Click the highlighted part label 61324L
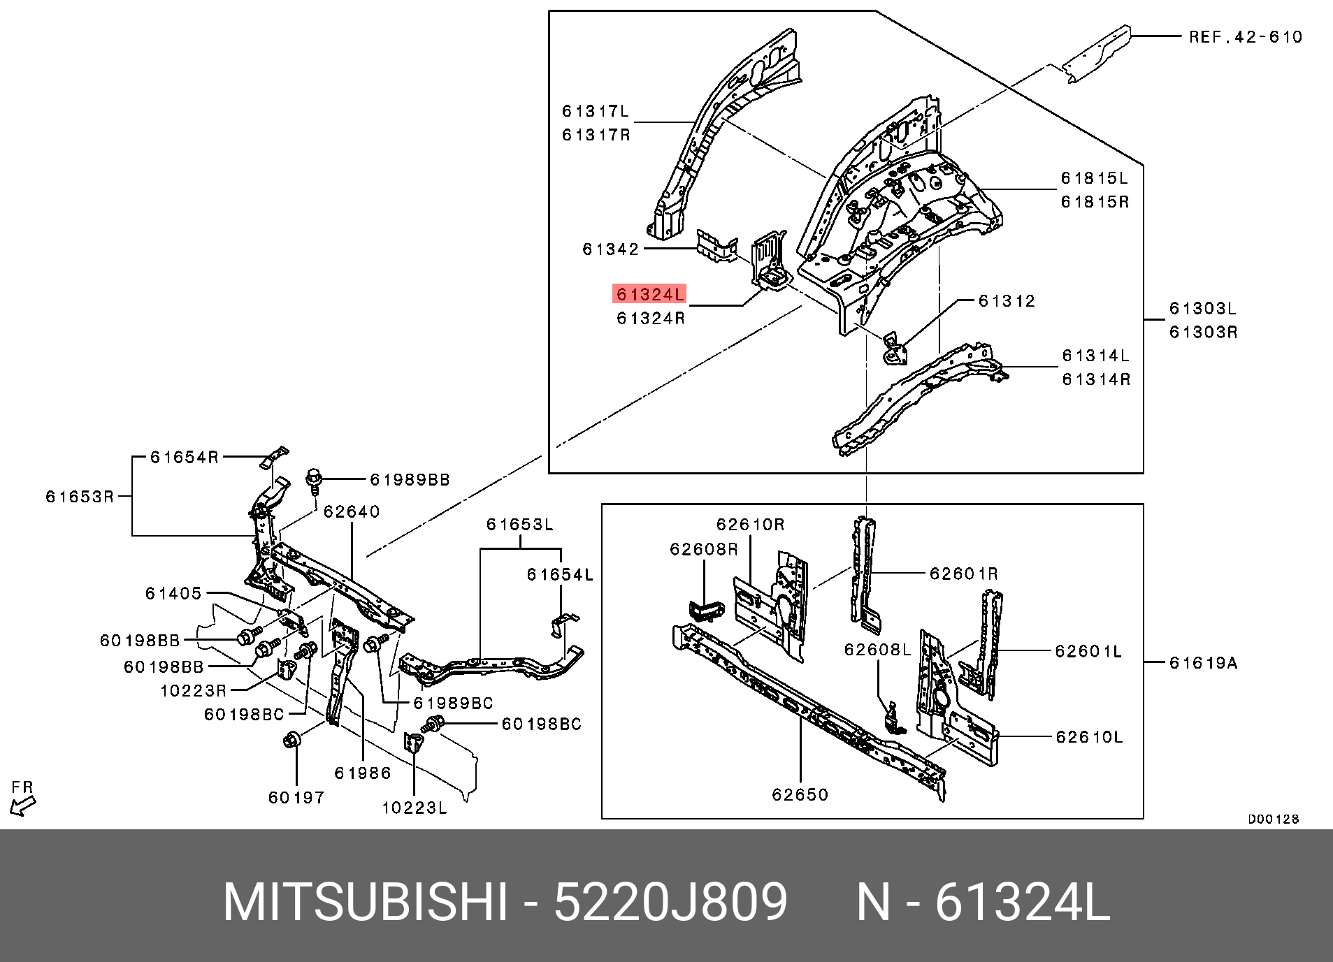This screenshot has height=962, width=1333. [x=649, y=294]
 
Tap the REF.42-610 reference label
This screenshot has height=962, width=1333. [x=1246, y=37]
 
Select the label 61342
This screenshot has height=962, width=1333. [x=611, y=249]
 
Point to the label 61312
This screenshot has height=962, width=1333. [x=1007, y=301]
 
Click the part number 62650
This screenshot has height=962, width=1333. [x=800, y=794]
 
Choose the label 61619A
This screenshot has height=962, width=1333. [x=1203, y=662]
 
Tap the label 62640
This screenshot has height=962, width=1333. [x=352, y=511]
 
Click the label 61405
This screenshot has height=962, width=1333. [x=173, y=593]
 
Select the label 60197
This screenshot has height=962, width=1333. [x=296, y=796]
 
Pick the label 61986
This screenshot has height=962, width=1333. [x=362, y=773]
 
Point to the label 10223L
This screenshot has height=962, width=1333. [x=415, y=808]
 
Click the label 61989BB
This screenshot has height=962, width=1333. [x=410, y=480]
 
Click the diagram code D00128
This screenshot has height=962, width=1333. [x=1274, y=819]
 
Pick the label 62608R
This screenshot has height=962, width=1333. [x=703, y=549]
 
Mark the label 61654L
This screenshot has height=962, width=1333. [x=560, y=575]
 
